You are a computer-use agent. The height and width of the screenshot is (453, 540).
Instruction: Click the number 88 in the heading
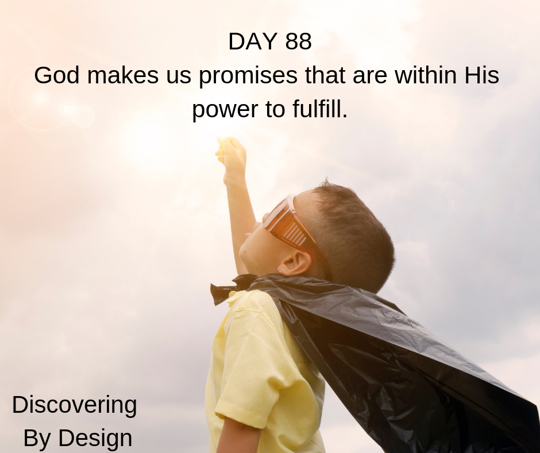298,41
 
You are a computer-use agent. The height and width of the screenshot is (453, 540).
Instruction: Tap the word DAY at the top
252,41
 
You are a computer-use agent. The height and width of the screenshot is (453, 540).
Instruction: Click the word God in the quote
57,75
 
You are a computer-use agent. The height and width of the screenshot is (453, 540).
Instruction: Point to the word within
426,75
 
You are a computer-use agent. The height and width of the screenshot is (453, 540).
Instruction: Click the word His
482,75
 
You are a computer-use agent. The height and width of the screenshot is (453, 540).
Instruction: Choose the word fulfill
320,109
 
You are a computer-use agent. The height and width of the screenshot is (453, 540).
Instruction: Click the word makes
123,75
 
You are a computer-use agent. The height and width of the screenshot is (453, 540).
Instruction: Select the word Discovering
74,406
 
